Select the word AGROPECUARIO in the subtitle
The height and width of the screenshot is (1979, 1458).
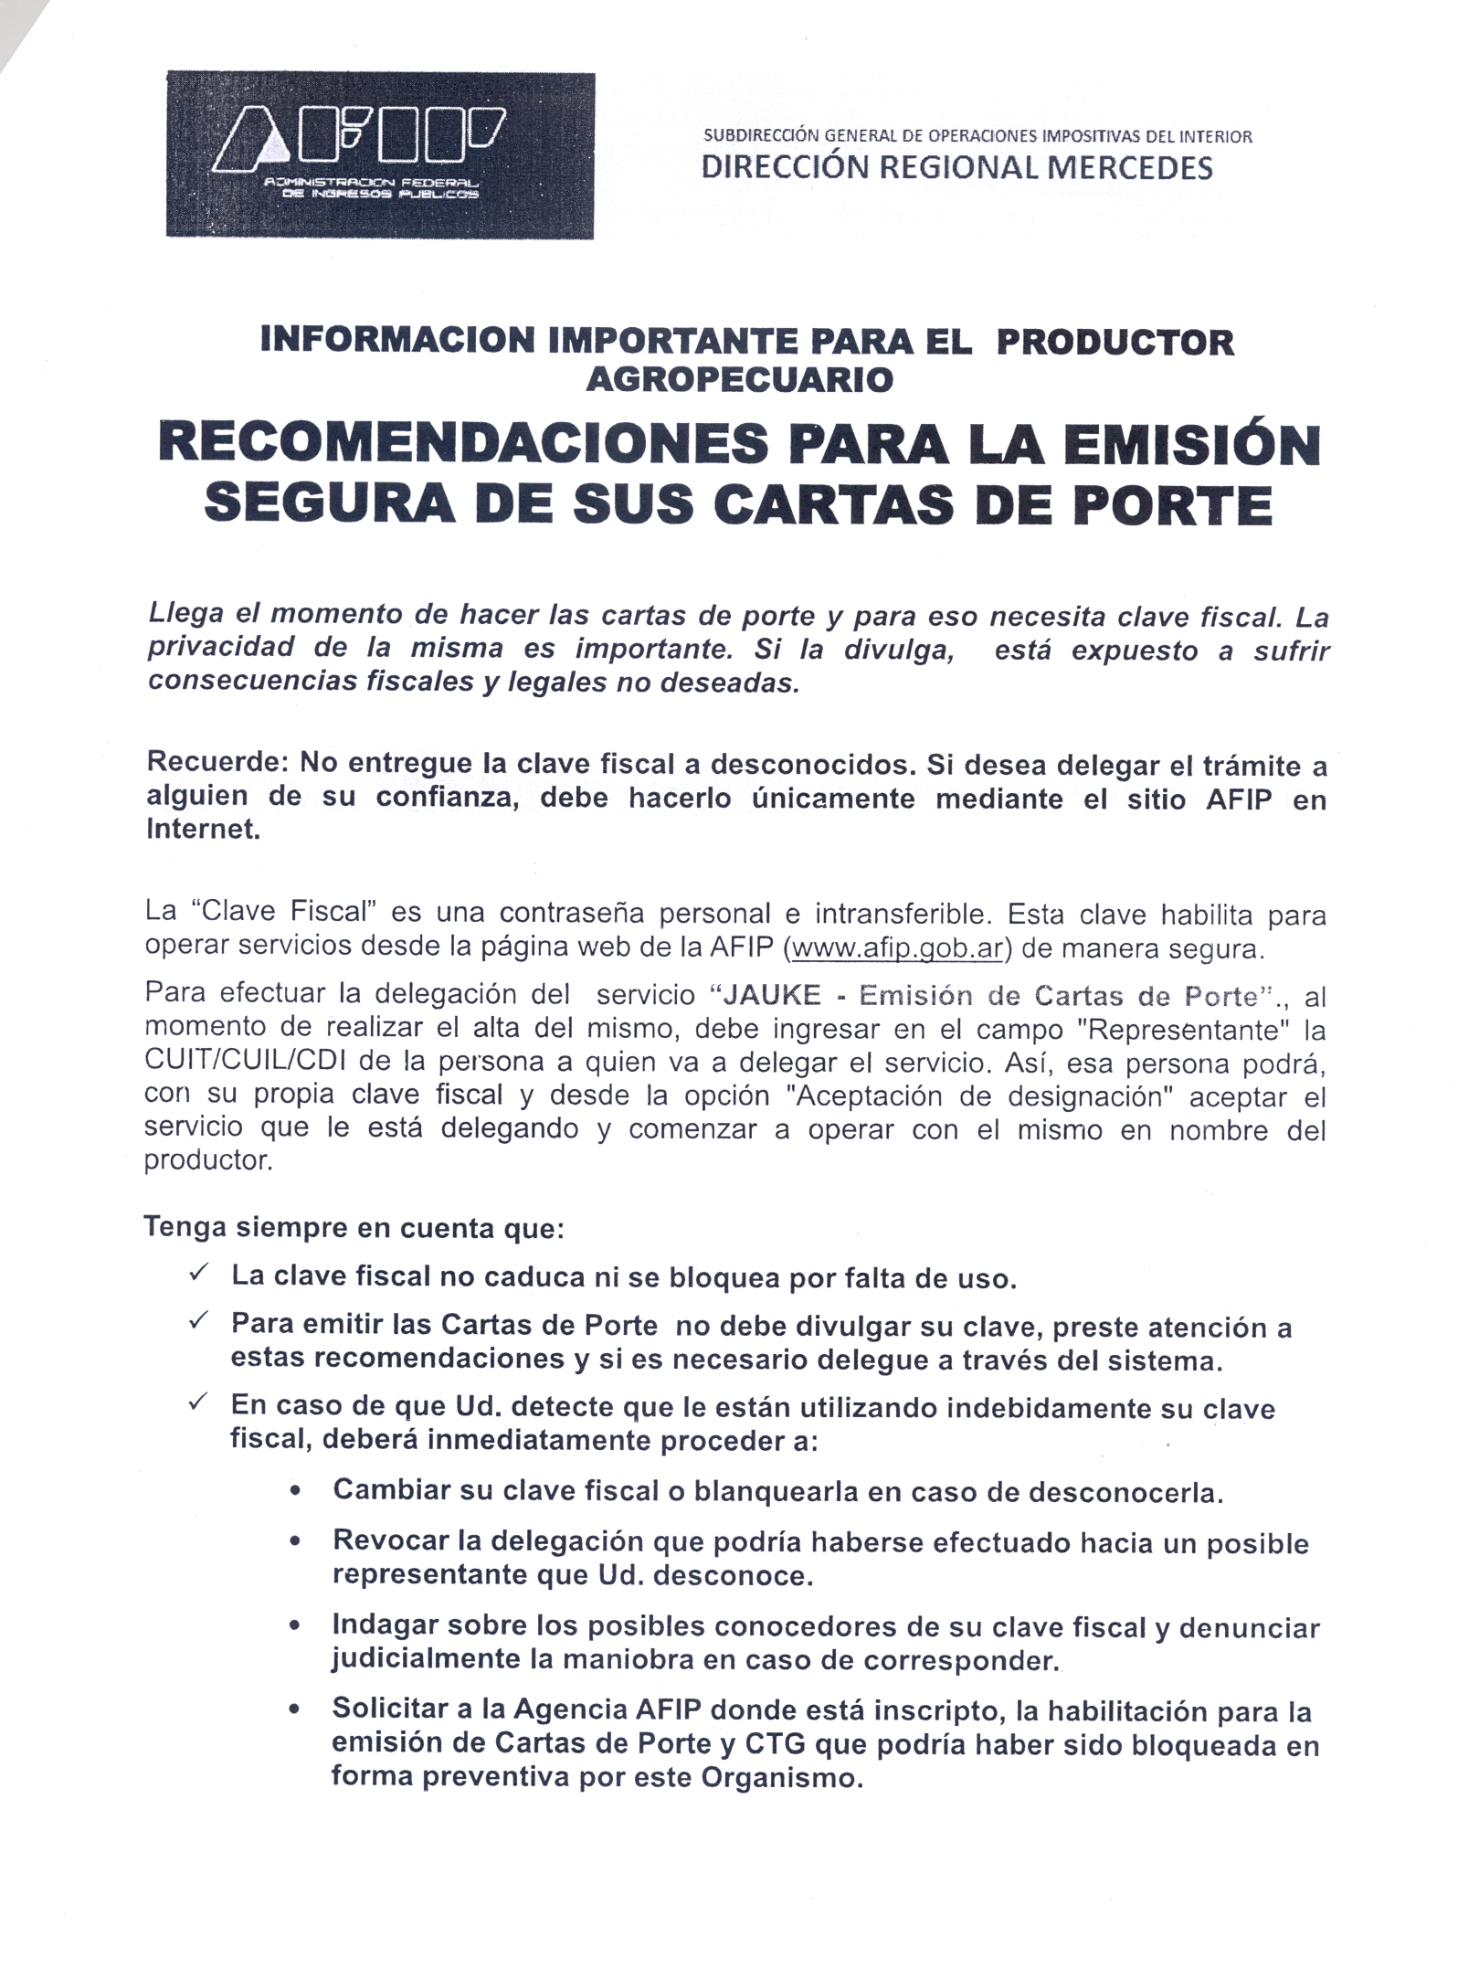tap(739, 379)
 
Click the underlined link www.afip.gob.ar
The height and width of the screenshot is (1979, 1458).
tap(899, 948)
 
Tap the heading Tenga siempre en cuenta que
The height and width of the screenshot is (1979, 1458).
tap(354, 1228)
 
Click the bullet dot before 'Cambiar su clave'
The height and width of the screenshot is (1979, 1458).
tap(295, 1493)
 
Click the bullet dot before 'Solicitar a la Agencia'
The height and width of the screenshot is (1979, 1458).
tap(295, 1710)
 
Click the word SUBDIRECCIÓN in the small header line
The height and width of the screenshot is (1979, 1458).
tap(761, 137)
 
